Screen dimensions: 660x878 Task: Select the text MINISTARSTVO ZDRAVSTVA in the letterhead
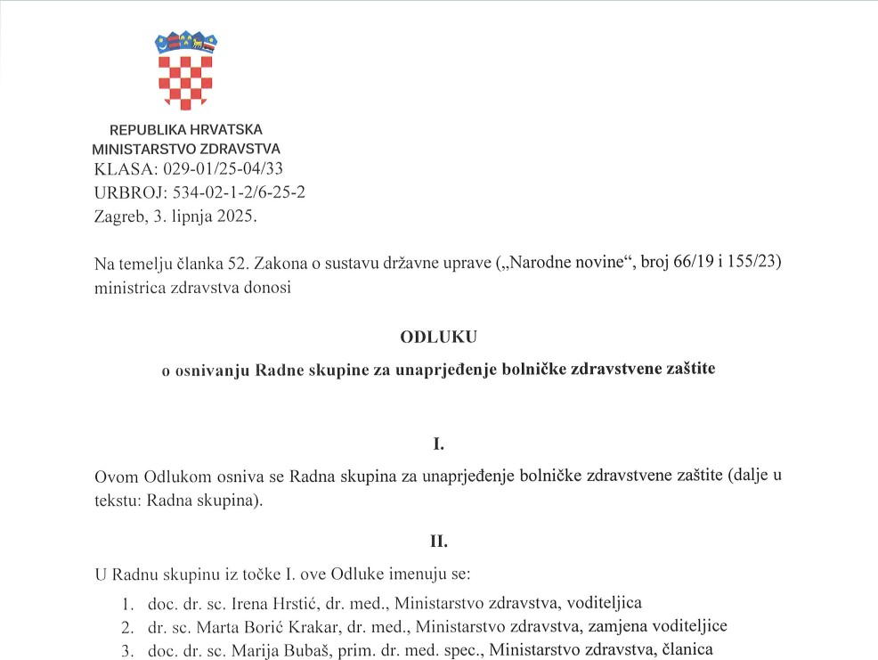point(186,150)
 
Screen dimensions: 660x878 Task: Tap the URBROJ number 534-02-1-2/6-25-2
point(235,191)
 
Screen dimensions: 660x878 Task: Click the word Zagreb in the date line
point(117,215)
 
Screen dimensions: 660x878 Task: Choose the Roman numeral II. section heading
point(438,540)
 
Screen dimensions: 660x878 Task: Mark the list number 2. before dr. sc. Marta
point(129,626)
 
